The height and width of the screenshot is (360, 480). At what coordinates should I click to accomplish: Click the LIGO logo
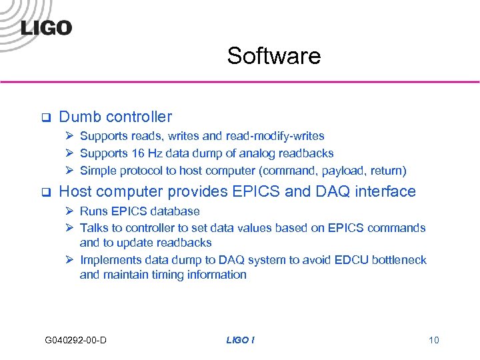pos(45,27)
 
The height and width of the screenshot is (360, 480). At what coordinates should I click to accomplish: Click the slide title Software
pos(273,56)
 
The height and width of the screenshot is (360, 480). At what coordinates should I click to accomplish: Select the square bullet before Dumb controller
pos(46,118)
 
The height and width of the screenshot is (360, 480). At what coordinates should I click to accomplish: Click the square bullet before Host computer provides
pos(46,193)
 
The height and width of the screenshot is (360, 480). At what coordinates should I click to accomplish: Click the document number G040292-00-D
pos(75,341)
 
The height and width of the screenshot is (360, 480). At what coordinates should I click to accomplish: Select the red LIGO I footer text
pos(240,341)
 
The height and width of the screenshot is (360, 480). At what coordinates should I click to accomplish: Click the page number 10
pos(434,341)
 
